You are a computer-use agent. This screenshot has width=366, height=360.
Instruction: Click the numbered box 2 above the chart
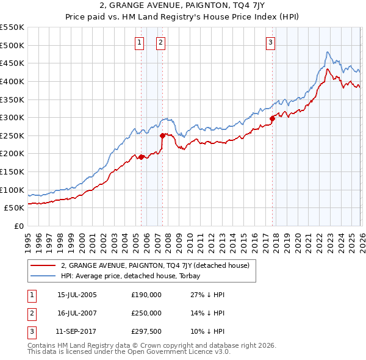tap(160, 43)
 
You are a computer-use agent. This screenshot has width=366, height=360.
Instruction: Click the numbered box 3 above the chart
tap(270, 43)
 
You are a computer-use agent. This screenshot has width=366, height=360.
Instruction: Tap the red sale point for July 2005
tap(141, 157)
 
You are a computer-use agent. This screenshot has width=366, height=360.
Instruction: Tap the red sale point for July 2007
tap(162, 135)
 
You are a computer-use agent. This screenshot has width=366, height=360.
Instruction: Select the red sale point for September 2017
tap(272, 118)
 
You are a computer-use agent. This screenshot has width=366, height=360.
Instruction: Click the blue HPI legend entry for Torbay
tap(135, 276)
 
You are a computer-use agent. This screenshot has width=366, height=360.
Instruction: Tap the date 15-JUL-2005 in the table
tap(77, 295)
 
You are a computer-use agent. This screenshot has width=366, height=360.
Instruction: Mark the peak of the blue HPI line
tap(328, 52)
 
